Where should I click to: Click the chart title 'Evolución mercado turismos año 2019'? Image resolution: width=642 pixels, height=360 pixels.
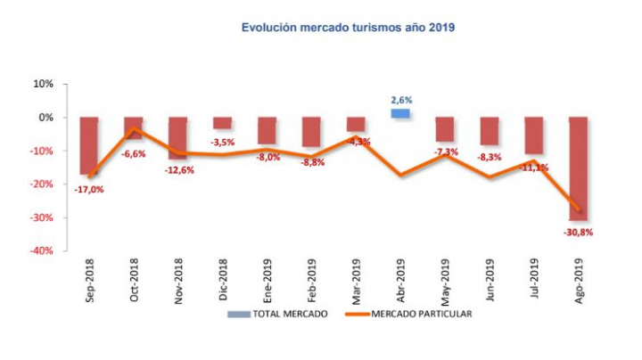(x=349, y=28)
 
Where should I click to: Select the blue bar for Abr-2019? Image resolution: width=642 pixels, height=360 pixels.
(x=400, y=113)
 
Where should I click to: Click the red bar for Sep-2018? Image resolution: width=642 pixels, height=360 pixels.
(x=88, y=144)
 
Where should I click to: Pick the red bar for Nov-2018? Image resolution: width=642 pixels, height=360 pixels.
(x=177, y=137)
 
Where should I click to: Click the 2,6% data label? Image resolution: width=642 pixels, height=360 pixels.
(x=400, y=101)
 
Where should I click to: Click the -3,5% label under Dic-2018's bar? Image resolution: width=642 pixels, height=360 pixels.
(x=222, y=142)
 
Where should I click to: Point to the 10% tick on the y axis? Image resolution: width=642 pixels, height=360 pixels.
(x=43, y=84)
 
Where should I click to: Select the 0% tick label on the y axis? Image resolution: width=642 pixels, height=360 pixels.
(x=45, y=118)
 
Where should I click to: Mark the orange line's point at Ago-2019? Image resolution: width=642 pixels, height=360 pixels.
(x=579, y=210)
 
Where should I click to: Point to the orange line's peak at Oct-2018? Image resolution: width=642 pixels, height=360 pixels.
(x=133, y=129)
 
